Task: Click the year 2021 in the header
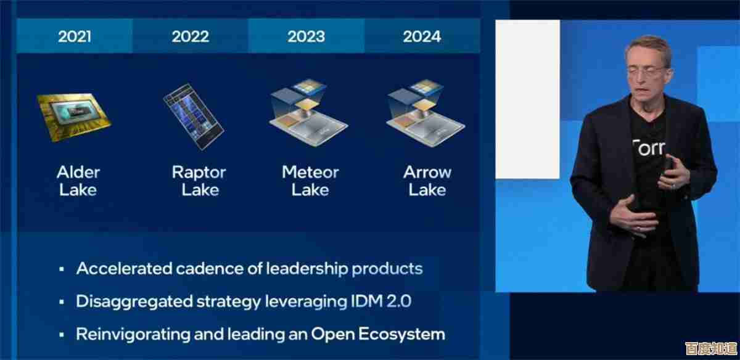click(75, 36)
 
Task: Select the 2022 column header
click(191, 36)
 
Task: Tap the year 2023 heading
click(306, 36)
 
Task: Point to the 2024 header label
click(422, 36)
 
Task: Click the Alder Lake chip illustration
click(74, 117)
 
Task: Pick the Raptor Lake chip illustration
click(194, 117)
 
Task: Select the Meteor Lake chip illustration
click(308, 113)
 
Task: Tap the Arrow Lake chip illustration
click(425, 113)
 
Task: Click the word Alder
click(78, 172)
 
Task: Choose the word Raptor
click(199, 173)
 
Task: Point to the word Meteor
click(310, 172)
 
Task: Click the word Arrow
click(427, 172)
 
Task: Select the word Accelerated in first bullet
click(124, 268)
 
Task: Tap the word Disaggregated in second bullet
click(134, 302)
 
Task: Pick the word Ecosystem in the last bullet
click(401, 335)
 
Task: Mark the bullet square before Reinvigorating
click(62, 335)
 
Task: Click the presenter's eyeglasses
click(647, 70)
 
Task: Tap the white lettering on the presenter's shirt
click(649, 149)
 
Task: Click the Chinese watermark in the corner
click(711, 348)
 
